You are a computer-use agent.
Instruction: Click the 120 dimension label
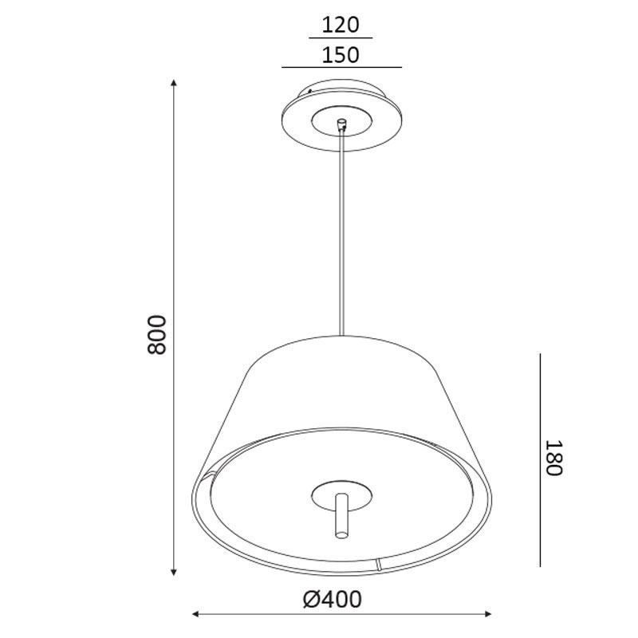coord(341,25)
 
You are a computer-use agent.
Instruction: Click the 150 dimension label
coord(341,55)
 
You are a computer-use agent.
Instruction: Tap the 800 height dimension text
coord(157,334)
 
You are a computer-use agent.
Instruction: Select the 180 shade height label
coord(553,457)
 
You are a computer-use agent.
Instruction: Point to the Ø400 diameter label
coord(332,600)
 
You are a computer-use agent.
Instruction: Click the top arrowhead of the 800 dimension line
coord(174,83)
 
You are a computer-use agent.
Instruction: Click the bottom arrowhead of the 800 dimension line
coord(174,572)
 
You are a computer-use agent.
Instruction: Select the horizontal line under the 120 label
coord(341,38)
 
